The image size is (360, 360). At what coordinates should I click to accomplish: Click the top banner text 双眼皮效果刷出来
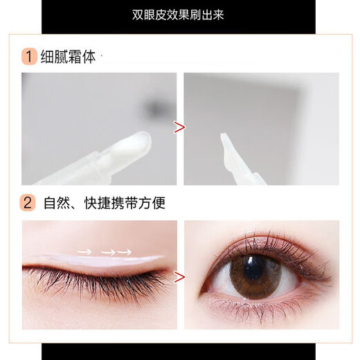tap(179, 15)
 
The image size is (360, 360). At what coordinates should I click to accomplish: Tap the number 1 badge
tap(28, 55)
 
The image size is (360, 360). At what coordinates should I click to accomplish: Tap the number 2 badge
tap(28, 204)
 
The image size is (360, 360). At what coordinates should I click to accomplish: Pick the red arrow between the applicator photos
tap(180, 127)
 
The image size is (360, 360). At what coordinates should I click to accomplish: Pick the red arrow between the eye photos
tap(180, 278)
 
